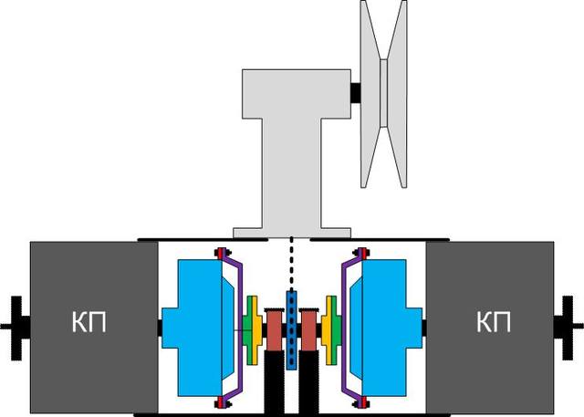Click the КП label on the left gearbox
pyautogui.click(x=89, y=322)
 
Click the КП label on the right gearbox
pyautogui.click(x=494, y=322)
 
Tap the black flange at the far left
pyautogui.click(x=16, y=328)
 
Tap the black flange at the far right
pyautogui.click(x=568, y=328)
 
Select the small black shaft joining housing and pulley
pyautogui.click(x=356, y=93)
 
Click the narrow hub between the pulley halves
pyautogui.click(x=383, y=93)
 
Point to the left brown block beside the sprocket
pyautogui.click(x=274, y=330)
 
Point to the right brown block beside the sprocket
pyautogui.click(x=308, y=330)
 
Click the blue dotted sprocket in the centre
pyautogui.click(x=291, y=330)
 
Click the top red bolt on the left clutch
pyautogui.click(x=221, y=253)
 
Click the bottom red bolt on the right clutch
pyautogui.click(x=362, y=402)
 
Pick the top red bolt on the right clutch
pyautogui.click(x=362, y=253)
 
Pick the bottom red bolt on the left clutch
pyautogui.click(x=221, y=402)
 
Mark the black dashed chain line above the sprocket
pyautogui.click(x=291, y=264)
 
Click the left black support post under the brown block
pyautogui.click(x=274, y=383)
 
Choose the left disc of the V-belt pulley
pyautogui.click(x=371, y=93)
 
